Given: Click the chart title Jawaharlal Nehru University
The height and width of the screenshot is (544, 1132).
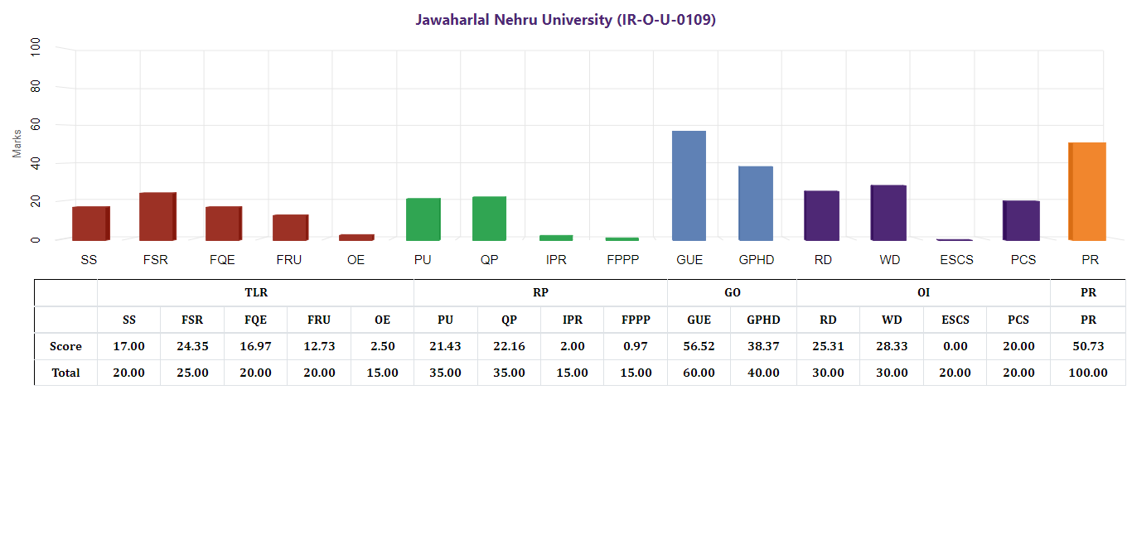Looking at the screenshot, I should (x=565, y=20).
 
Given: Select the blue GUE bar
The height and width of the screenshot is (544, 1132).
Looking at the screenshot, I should (x=689, y=185).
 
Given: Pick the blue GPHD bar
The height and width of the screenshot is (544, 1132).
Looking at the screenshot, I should (x=756, y=203).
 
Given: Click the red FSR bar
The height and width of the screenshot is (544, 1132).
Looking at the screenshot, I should (x=157, y=216).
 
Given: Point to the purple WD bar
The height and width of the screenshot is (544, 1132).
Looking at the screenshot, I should (x=888, y=213).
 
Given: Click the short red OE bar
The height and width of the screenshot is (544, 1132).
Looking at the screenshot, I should (x=356, y=237).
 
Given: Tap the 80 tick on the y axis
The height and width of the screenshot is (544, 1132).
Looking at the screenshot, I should (x=35, y=87).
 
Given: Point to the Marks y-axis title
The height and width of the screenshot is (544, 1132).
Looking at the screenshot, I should (x=17, y=143).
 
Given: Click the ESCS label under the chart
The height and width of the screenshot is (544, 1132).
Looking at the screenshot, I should (x=956, y=260).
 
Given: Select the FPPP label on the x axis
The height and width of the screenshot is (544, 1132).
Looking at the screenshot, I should (x=623, y=260).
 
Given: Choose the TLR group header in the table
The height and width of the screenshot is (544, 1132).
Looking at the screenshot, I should (x=256, y=292).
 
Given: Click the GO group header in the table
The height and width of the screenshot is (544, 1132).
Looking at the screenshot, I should (x=733, y=292).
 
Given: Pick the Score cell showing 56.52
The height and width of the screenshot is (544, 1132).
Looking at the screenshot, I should (x=699, y=346).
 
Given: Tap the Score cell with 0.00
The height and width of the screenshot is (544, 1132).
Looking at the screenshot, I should (x=955, y=346).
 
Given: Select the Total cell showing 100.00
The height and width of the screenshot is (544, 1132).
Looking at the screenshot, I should (x=1088, y=373).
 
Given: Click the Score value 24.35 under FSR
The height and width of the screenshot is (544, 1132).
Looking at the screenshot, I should (x=192, y=346).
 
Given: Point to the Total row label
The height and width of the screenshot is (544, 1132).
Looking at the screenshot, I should (x=66, y=373).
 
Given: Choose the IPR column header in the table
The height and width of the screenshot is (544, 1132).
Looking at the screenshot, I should (x=573, y=320).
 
